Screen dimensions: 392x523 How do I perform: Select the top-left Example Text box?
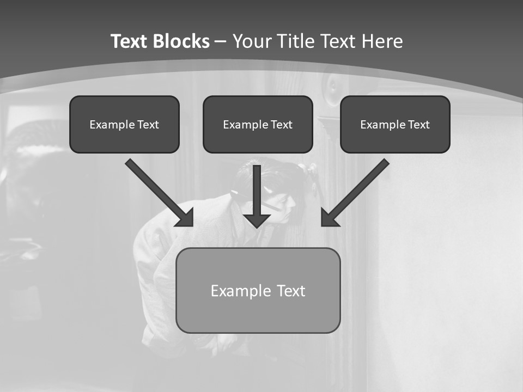pos(124,124)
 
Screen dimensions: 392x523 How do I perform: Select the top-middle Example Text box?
pos(258,124)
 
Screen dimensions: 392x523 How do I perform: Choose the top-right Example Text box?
pos(395,124)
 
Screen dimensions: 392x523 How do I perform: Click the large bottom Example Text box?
pos(258,290)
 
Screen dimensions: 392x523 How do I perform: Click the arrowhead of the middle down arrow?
pos(257,220)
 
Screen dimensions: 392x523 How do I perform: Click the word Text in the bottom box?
pos(291,290)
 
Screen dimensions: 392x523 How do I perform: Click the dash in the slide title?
pos(221,41)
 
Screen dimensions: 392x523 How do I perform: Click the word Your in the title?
pos(252,41)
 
